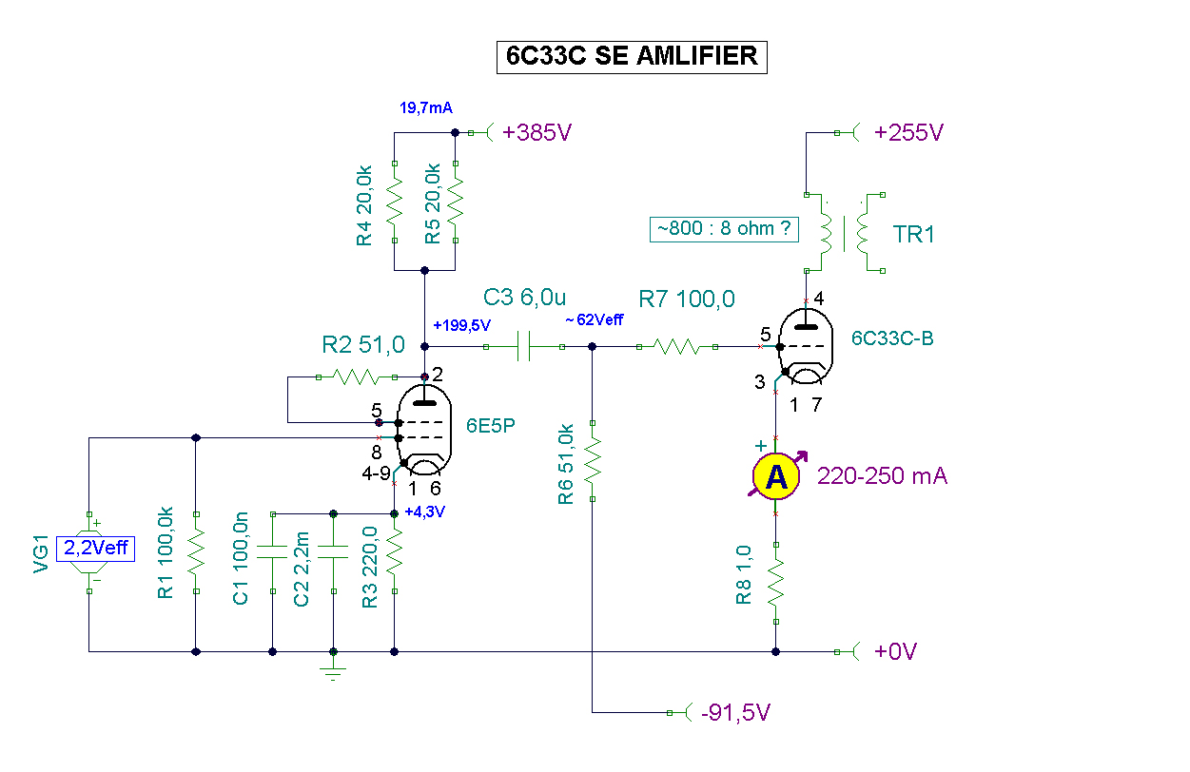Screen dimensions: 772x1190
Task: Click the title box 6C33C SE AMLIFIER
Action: coord(632,57)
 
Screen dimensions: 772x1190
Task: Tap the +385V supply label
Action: coord(537,133)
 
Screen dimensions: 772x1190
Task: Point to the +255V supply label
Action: coord(909,133)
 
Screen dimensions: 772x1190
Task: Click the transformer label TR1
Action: coord(914,234)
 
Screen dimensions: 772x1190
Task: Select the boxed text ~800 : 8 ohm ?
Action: coord(724,229)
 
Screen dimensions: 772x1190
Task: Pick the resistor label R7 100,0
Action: coord(686,299)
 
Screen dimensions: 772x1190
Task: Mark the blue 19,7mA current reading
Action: coord(425,109)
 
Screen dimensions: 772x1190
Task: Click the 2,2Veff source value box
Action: coord(96,548)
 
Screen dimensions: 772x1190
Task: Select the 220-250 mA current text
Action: coord(882,476)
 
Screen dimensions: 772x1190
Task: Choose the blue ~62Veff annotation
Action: coord(594,320)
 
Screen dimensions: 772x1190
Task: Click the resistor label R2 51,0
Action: coord(364,343)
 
